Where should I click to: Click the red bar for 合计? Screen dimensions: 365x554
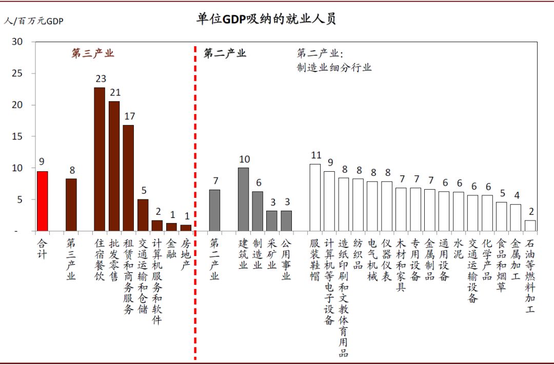[42, 201]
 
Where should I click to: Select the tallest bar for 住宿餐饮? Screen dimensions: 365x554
[100, 159]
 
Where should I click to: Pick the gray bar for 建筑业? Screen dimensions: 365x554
[243, 199]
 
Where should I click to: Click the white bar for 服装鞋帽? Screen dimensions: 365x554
[315, 198]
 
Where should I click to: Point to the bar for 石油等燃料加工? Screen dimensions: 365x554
[530, 226]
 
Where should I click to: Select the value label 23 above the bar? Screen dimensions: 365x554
[100, 79]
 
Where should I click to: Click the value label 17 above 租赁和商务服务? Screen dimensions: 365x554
[129, 116]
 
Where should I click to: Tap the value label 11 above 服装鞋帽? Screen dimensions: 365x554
[315, 155]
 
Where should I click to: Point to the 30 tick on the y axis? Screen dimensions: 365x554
[17, 42]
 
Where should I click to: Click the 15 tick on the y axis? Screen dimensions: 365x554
[17, 137]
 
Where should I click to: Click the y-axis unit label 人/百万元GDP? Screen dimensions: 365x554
[34, 21]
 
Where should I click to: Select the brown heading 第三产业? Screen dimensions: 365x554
[92, 53]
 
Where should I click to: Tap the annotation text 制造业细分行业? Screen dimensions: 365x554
[333, 67]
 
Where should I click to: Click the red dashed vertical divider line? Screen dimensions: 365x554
[195, 206]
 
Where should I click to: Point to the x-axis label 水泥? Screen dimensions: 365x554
[459, 248]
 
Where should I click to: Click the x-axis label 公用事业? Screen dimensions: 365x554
[286, 258]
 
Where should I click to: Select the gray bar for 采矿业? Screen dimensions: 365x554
[272, 221]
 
